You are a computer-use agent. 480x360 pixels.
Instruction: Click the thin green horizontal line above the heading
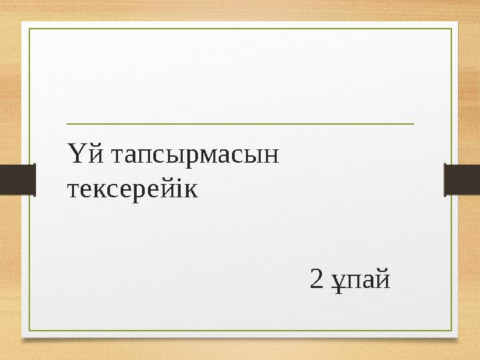point(240,124)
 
